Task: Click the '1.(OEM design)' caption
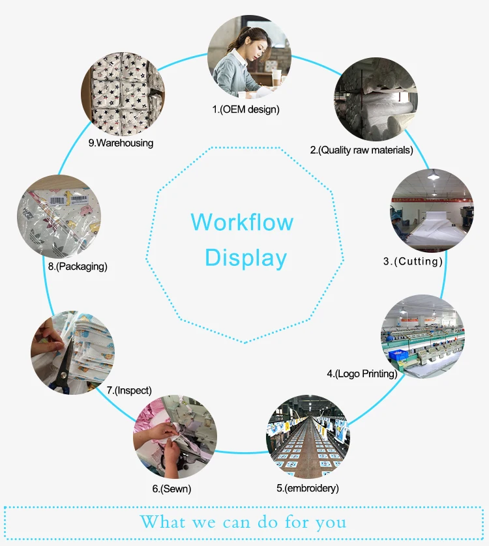click(246, 109)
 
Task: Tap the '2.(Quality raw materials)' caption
click(361, 150)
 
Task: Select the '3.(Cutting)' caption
click(413, 261)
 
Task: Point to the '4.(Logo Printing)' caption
click(362, 373)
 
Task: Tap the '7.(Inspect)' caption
click(129, 390)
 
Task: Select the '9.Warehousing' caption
click(121, 143)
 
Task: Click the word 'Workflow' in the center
click(242, 222)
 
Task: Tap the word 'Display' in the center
click(246, 258)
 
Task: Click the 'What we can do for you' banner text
click(243, 522)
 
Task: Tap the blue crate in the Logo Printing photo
click(398, 354)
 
